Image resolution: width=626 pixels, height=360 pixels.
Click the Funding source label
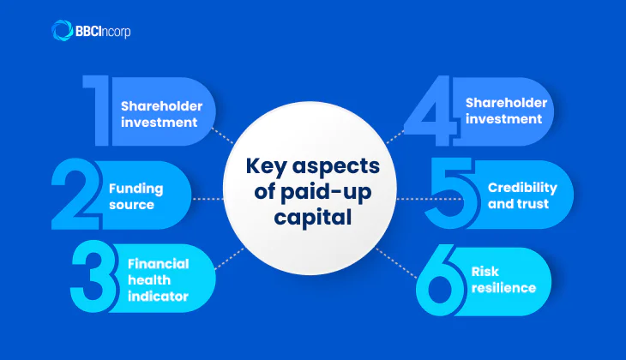tap(135, 196)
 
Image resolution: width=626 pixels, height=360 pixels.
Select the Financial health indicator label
tap(158, 279)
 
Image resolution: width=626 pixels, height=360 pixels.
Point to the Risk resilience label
tap(503, 279)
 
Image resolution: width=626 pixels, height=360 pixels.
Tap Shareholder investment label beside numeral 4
tap(504, 111)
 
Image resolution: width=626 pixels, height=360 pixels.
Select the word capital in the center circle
tap(312, 217)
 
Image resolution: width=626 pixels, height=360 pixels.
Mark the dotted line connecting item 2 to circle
tap(207, 198)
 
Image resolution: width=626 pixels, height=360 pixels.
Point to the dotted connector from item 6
tap(400, 261)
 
